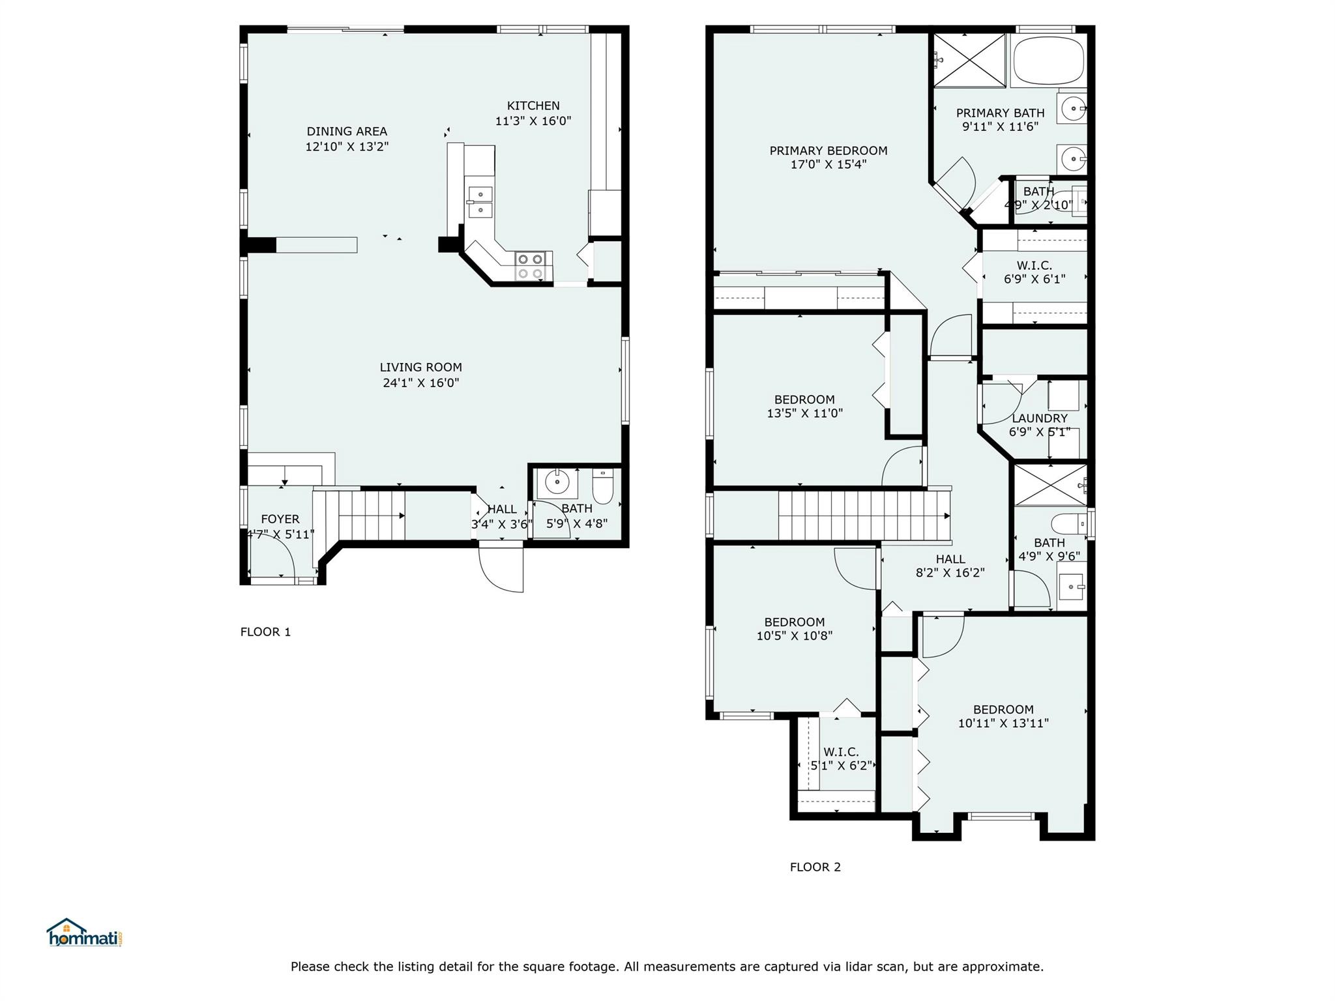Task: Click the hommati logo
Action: tap(85, 933)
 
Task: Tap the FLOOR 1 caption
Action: tap(265, 631)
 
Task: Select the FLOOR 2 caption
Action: tap(815, 867)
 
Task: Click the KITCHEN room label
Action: tap(533, 106)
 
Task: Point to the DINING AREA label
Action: tap(347, 132)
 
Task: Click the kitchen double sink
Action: tap(480, 201)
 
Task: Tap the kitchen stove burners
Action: tap(530, 267)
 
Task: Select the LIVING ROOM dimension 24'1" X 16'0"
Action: tap(421, 383)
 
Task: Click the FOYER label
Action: tap(280, 519)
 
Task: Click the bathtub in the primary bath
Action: tap(1048, 61)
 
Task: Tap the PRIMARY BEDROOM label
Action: tap(829, 151)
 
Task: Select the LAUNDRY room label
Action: tap(1040, 418)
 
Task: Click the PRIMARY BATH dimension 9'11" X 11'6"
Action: tap(1000, 126)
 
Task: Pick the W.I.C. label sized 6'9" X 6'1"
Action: tap(1034, 265)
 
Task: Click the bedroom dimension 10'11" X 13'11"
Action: tap(1003, 723)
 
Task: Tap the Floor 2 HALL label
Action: tap(950, 559)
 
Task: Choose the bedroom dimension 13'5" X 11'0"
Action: tap(804, 413)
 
